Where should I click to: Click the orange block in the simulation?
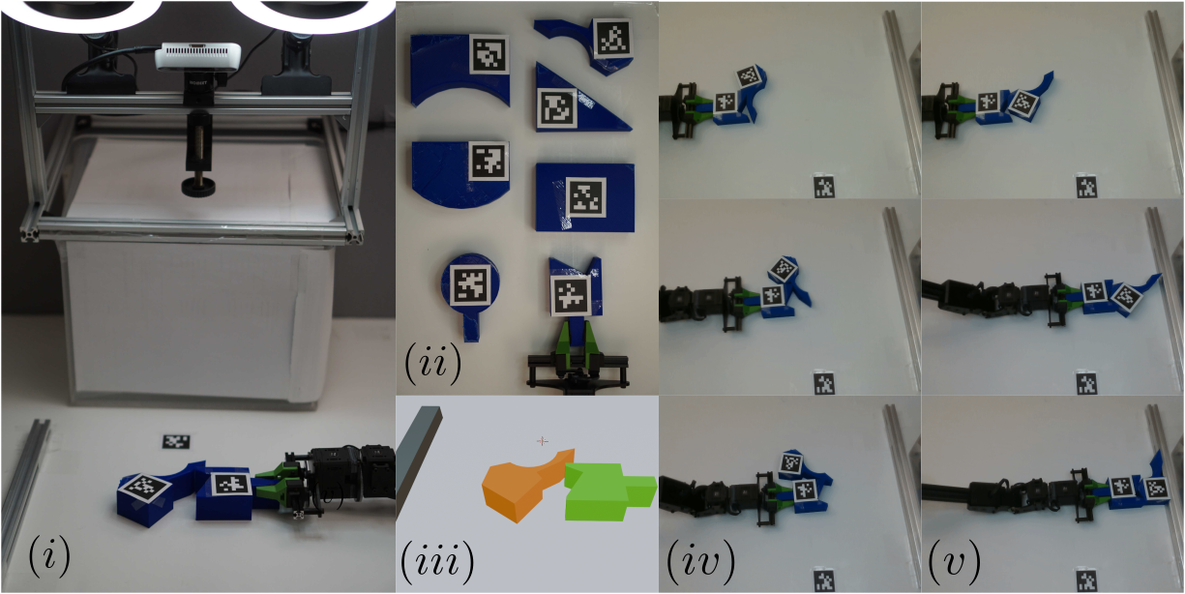pyautogui.click(x=517, y=485)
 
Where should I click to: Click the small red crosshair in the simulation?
pyautogui.click(x=542, y=441)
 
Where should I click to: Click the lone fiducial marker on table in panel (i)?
pyautogui.click(x=175, y=441)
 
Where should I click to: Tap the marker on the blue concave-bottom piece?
pyautogui.click(x=489, y=54)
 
